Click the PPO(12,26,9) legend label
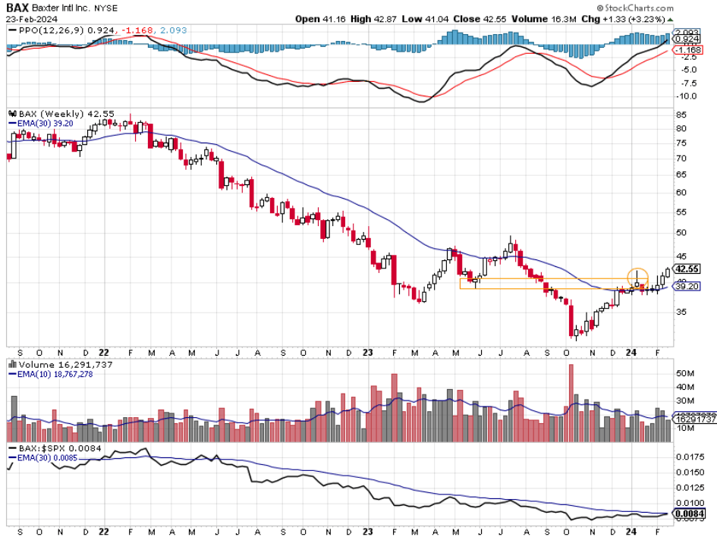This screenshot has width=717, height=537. pos(38,30)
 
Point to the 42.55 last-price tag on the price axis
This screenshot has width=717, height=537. pos(688,268)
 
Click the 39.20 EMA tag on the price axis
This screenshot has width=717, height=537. pos(687,287)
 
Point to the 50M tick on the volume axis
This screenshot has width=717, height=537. pos(685,374)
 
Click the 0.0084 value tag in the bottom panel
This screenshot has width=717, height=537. pos(689,513)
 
